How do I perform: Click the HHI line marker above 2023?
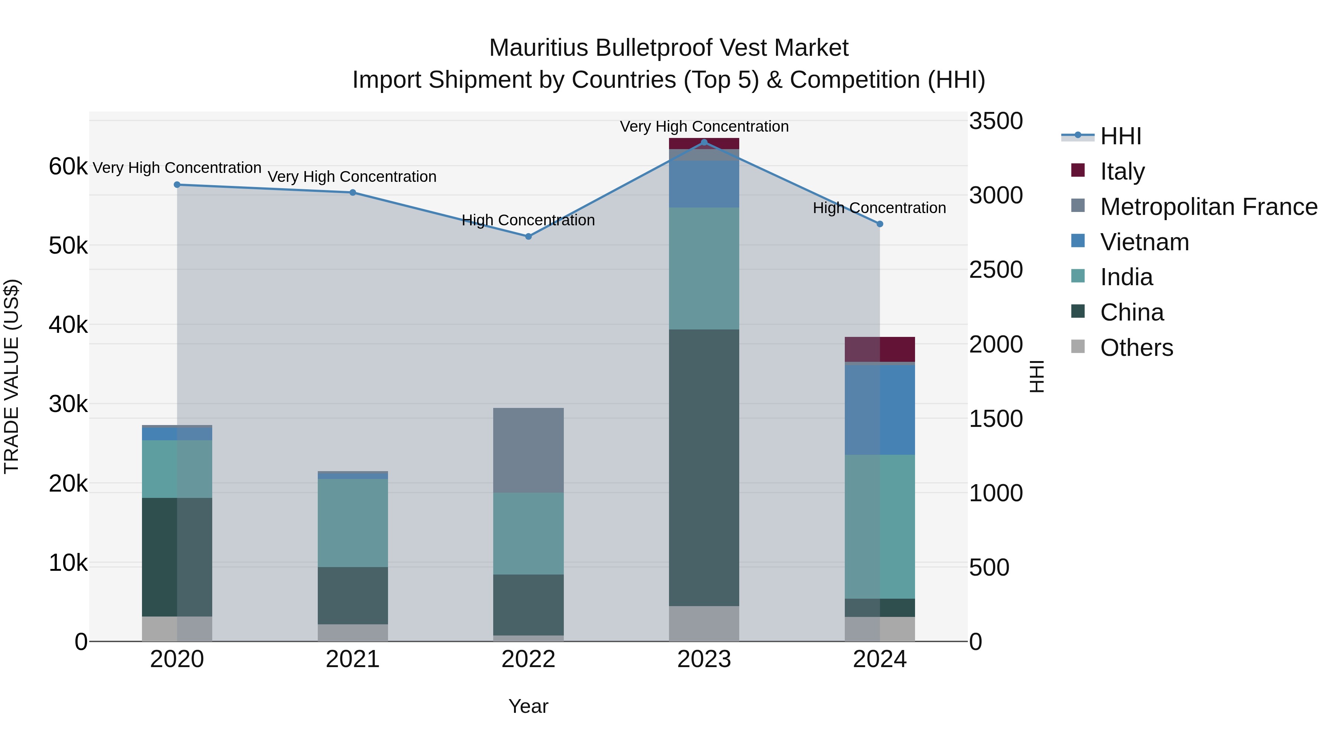tap(704, 142)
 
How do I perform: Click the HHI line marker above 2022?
tap(528, 236)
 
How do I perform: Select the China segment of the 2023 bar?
tap(704, 468)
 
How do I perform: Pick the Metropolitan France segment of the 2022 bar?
tap(528, 450)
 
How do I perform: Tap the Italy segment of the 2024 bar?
tap(879, 349)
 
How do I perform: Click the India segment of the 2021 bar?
tap(353, 523)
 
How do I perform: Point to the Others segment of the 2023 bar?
tap(704, 624)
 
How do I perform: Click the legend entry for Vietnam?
tap(1144, 242)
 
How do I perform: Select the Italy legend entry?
tap(1122, 171)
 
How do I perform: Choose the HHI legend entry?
tap(1120, 136)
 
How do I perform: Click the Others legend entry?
tap(1136, 348)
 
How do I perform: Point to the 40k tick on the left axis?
tap(68, 325)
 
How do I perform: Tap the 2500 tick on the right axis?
tap(996, 270)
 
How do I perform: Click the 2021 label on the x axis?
tap(353, 659)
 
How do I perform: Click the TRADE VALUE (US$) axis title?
tap(12, 376)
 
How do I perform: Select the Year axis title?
tap(528, 706)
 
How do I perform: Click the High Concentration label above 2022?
tap(528, 221)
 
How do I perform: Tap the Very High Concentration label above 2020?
tap(177, 168)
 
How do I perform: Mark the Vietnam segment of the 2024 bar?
tap(879, 410)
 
